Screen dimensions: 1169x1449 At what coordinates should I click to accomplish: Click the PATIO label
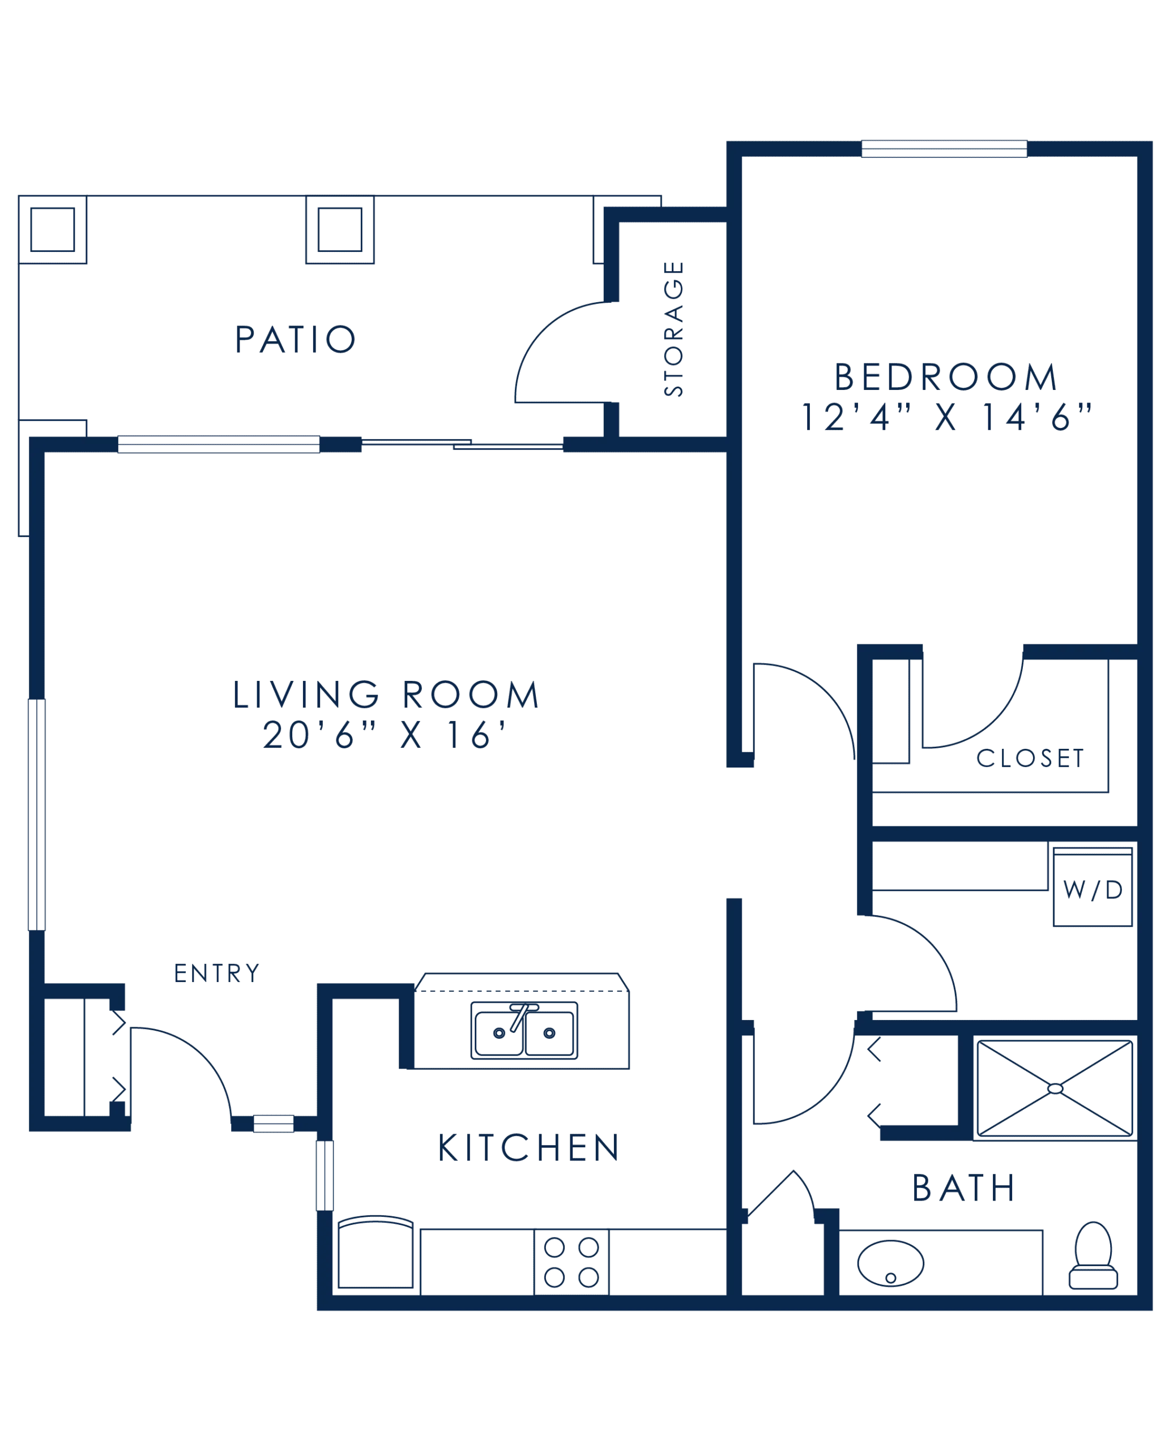tap(295, 339)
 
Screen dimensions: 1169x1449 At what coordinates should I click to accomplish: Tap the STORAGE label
tap(673, 328)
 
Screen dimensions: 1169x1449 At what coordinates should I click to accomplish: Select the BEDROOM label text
tap(945, 377)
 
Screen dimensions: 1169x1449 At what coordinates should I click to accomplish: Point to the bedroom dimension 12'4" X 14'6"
tap(945, 417)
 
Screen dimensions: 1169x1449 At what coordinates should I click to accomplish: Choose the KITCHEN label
tap(528, 1147)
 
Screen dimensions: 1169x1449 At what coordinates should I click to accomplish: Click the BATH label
tap(963, 1188)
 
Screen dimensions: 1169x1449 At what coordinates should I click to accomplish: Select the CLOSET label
tap(1030, 758)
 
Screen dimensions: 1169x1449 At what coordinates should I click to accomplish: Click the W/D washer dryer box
tap(1092, 887)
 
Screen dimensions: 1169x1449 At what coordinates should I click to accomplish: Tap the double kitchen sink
tap(524, 1030)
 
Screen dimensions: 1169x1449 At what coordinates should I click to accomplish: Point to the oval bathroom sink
tap(890, 1263)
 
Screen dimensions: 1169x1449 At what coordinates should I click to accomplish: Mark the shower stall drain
tap(1055, 1089)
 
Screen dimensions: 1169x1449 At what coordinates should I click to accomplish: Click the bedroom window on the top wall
tap(944, 149)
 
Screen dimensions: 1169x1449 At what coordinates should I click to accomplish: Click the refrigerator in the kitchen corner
tap(375, 1253)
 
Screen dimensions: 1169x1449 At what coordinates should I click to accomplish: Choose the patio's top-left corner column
tap(53, 229)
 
